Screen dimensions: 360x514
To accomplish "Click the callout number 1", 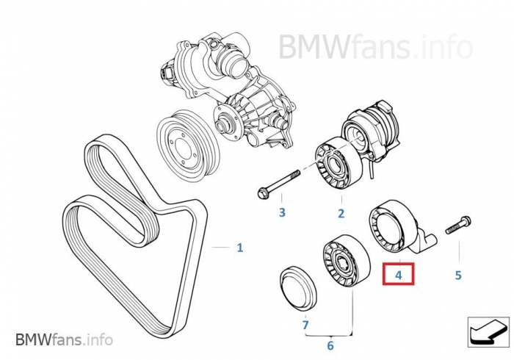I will click(x=239, y=248).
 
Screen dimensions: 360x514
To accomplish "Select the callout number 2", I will click(x=341, y=214).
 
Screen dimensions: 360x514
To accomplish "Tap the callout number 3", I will click(x=281, y=213).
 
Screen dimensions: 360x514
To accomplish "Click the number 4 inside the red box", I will click(x=399, y=276).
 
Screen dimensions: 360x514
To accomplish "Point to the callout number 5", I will click(x=458, y=276).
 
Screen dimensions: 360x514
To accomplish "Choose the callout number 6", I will click(x=330, y=345).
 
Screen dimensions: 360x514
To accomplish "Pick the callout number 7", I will click(x=305, y=323).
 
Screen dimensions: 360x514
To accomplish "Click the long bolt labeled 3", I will click(x=278, y=184).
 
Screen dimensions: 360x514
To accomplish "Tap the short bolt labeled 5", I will click(x=457, y=223).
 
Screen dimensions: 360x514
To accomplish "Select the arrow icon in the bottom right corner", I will click(x=486, y=332).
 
